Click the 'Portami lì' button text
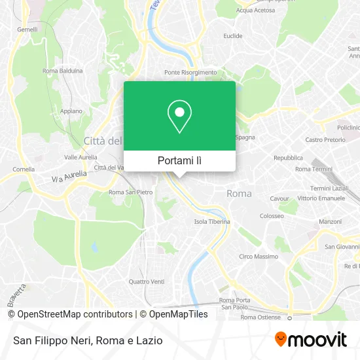179,160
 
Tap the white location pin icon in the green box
179,117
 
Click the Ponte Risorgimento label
190,72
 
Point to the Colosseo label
271,215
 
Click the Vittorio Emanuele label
321,198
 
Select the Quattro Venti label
146,282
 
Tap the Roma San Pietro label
130,192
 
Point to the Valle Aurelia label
81,157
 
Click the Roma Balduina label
62,71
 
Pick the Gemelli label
27,29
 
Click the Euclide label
233,36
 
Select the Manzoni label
330,222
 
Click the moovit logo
310,340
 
